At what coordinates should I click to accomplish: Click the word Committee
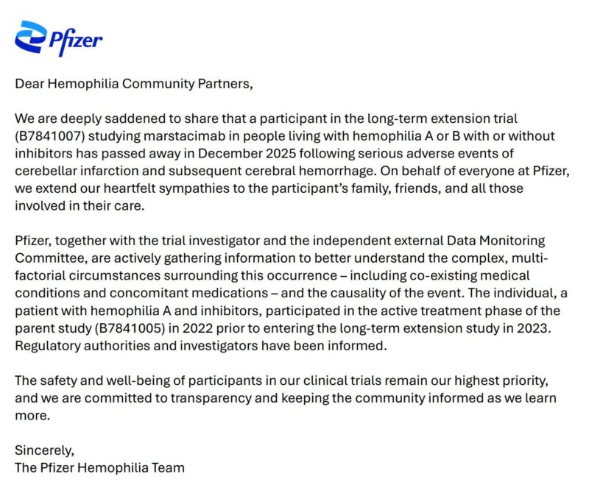tap(48, 258)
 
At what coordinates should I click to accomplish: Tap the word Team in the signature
tap(169, 467)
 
